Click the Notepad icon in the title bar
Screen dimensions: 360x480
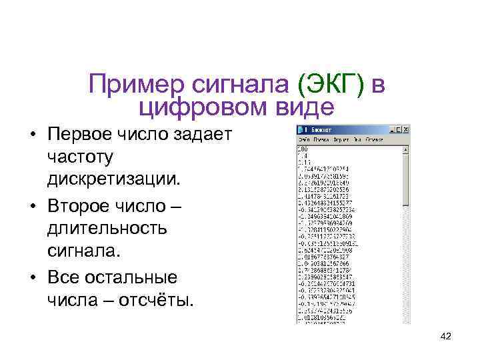[301, 129]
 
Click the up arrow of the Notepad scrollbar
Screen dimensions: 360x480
[407, 150]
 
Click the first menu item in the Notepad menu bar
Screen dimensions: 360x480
[305, 139]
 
